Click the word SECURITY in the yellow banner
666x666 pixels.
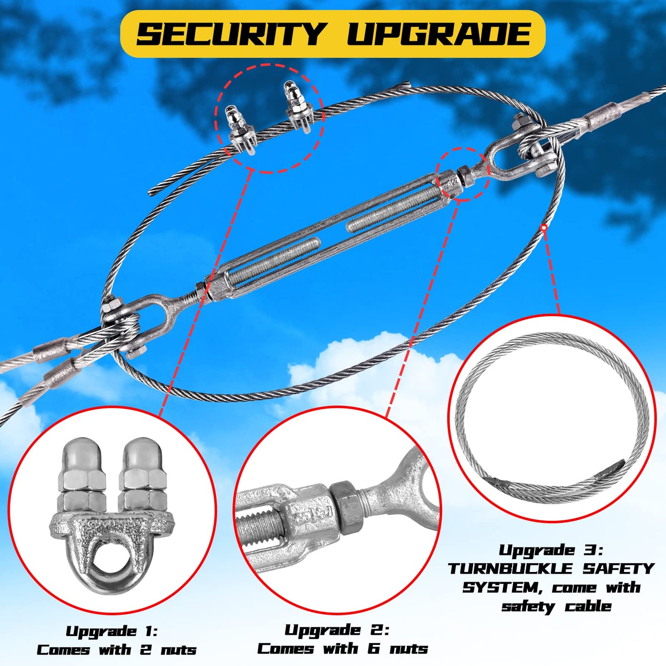230,34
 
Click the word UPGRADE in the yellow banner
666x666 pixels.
439,34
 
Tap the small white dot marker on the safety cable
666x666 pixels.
544,227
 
